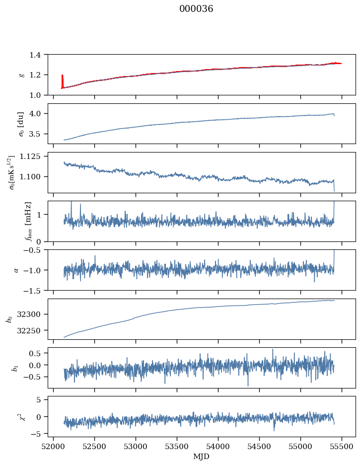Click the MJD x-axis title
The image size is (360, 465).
202,457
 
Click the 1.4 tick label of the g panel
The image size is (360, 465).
38,54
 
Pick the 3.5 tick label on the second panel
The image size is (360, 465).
38,134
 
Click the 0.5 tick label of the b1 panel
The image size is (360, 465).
38,353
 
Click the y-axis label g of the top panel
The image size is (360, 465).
21,75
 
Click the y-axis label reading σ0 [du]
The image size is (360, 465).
21,123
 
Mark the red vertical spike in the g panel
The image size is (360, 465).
62,81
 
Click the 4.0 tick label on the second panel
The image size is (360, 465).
38,114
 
